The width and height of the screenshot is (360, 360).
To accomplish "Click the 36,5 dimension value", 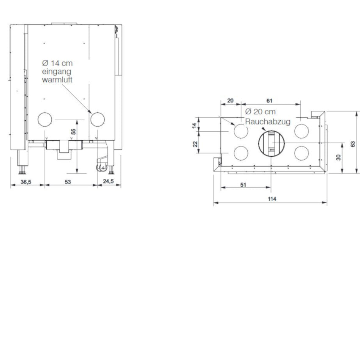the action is click(26, 182).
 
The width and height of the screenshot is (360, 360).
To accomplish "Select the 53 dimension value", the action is click(68, 182).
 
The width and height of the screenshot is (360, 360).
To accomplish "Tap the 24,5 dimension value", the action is click(108, 181).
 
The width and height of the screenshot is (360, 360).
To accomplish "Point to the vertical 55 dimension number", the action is click(73, 132).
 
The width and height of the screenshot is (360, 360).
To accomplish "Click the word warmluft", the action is click(57, 80).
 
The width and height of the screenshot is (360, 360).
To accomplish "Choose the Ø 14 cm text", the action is click(57, 63).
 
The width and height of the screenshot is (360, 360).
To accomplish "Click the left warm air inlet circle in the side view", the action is click(45, 119).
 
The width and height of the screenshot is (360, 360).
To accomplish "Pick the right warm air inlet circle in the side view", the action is click(97, 119).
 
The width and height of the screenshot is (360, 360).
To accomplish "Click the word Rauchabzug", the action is click(268, 122).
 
